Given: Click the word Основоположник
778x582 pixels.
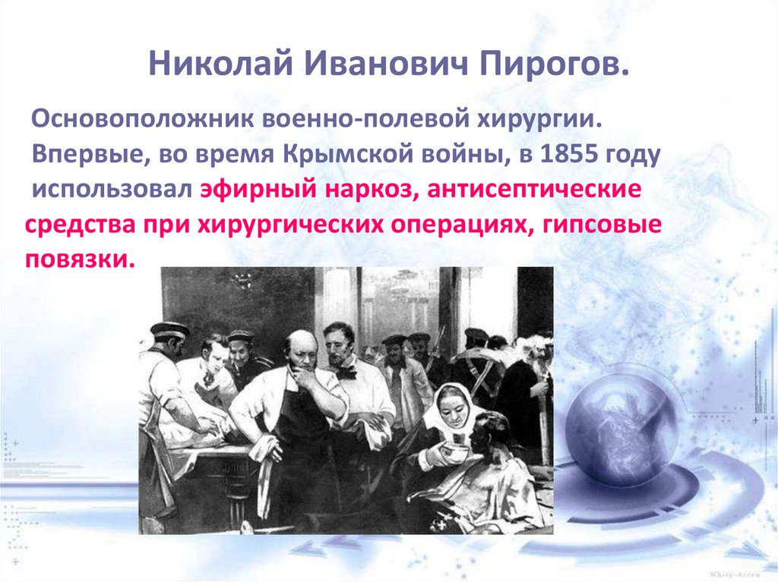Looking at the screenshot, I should tap(144, 120).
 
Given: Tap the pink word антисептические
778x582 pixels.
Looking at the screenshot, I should tap(534, 189).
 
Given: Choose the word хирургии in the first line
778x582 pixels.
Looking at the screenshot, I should tap(539, 120).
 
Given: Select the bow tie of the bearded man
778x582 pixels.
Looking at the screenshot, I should tap(346, 372).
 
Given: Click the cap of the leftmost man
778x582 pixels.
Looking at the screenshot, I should tap(169, 330).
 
